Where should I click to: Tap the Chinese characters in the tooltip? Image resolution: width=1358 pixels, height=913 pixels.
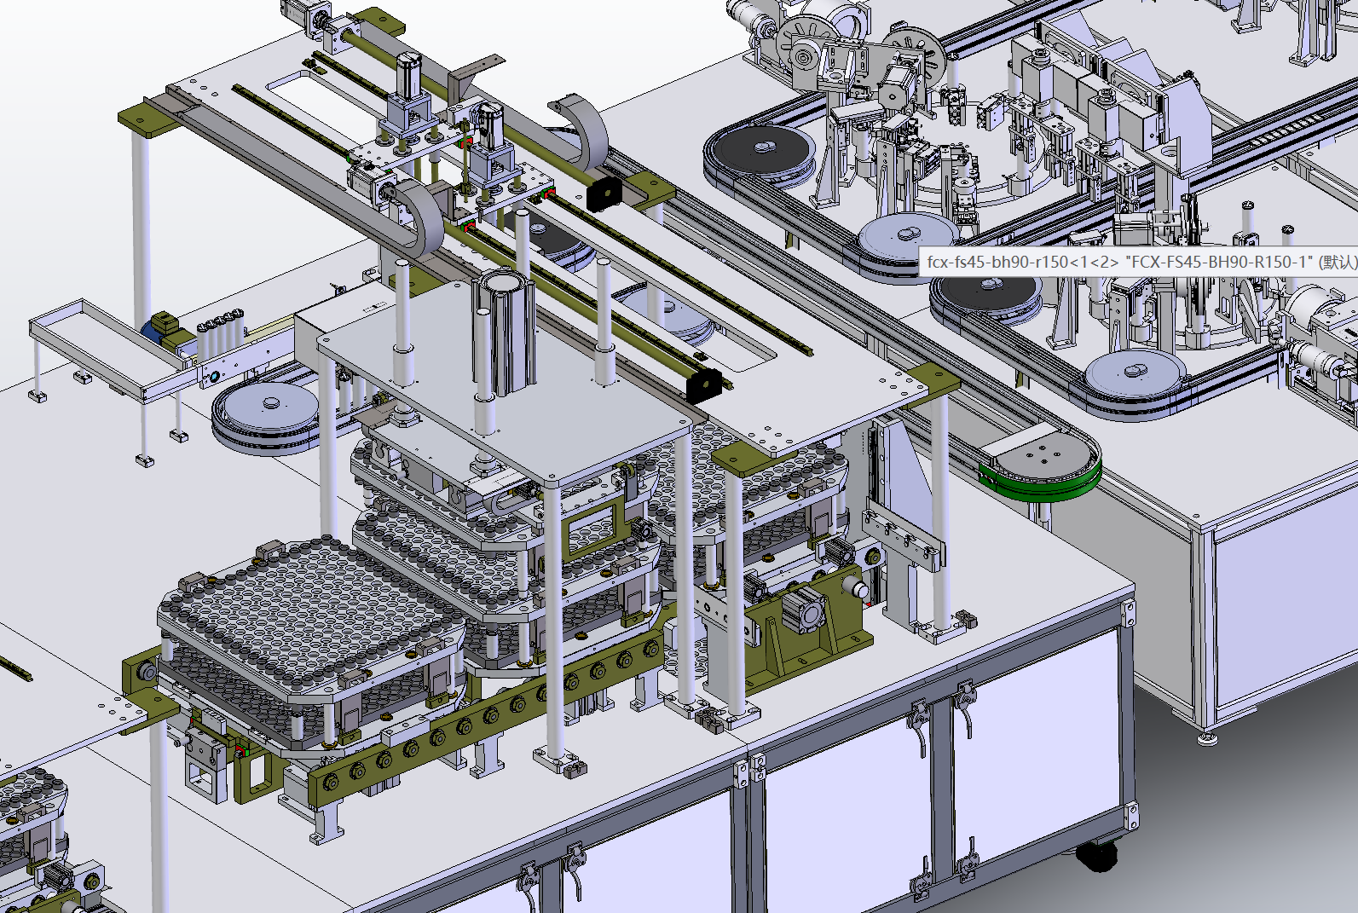(x=1338, y=262)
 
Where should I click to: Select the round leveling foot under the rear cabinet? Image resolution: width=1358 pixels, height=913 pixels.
(x=1206, y=738)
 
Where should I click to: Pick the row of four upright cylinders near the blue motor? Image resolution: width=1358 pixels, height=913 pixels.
(x=221, y=332)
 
